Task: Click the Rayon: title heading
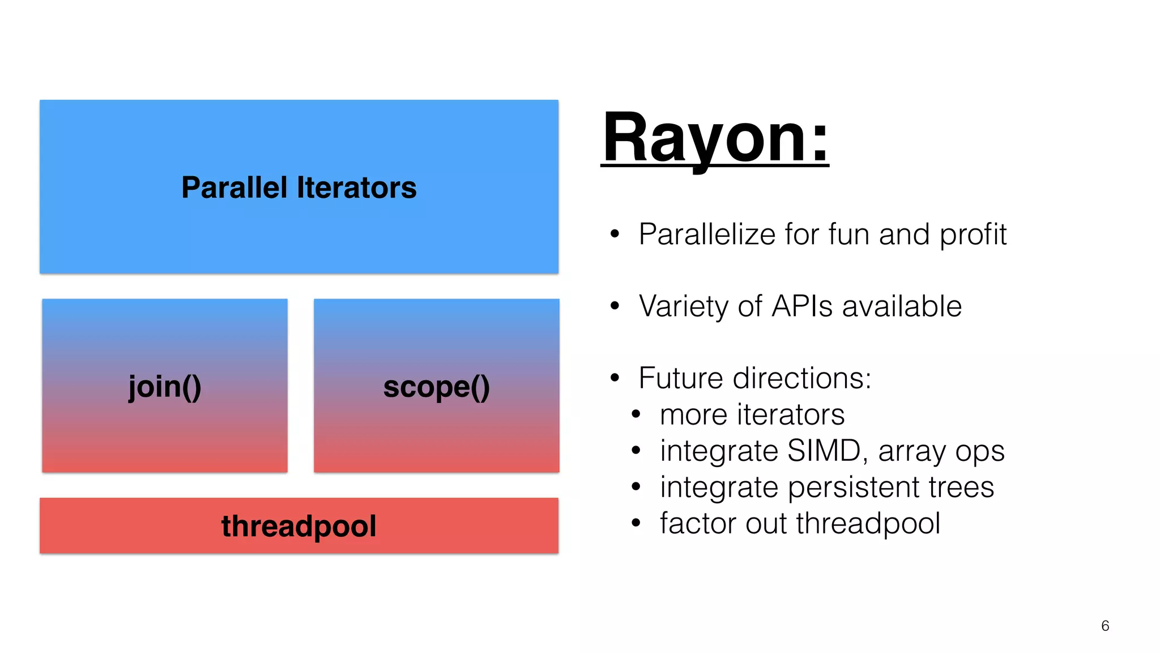(715, 138)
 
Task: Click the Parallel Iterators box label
(298, 188)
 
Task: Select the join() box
(165, 386)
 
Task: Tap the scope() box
(436, 386)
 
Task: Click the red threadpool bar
(298, 525)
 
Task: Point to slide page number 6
(1104, 626)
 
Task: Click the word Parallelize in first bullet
(707, 234)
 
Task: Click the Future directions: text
(754, 378)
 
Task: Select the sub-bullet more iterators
(752, 414)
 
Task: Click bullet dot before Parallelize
(615, 234)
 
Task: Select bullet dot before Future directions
(615, 378)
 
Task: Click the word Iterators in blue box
(356, 188)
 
